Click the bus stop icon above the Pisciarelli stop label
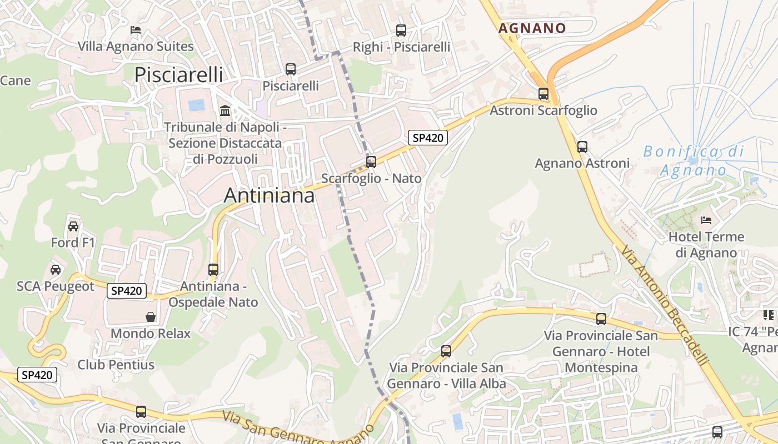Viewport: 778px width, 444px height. click(290, 69)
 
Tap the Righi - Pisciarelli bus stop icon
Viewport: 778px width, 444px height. click(401, 31)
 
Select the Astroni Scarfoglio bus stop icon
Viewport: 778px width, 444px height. click(543, 94)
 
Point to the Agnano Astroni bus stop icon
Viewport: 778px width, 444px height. click(582, 147)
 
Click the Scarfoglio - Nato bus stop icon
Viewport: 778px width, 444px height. click(371, 162)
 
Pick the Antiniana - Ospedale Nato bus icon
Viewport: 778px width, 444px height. click(213, 270)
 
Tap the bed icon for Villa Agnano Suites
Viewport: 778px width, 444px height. click(136, 29)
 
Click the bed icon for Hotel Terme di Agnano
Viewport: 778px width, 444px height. click(706, 220)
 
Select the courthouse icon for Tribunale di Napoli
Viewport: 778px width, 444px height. click(225, 110)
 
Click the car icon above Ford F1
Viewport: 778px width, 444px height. click(73, 226)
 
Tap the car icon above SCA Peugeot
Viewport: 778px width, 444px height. click(55, 270)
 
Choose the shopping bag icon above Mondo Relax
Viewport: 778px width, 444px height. click(150, 317)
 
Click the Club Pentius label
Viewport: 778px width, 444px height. click(116, 365)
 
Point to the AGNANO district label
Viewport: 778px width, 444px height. click(532, 28)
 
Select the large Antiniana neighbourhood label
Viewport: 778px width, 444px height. click(269, 195)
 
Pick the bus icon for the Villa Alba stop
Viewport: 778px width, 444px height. click(446, 351)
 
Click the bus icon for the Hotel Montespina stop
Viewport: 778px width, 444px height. click(601, 319)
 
